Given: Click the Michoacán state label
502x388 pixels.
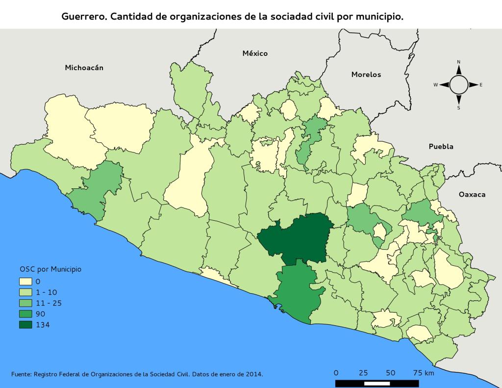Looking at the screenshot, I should [x=84, y=68].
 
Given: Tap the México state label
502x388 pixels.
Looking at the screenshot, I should [x=255, y=53].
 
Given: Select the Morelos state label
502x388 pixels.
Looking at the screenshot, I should [x=366, y=75].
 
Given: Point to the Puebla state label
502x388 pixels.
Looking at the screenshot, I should [x=441, y=146].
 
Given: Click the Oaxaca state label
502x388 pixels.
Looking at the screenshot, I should [x=472, y=194].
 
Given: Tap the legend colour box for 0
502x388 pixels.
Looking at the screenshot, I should [x=25, y=282].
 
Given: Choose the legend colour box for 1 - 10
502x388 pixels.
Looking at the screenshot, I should [x=25, y=292].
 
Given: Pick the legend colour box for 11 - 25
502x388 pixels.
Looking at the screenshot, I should [x=25, y=303].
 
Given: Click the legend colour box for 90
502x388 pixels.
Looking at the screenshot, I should [x=25, y=314].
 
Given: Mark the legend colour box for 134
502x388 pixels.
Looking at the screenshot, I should [x=25, y=325].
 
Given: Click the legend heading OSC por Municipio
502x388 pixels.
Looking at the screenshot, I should [x=50, y=269].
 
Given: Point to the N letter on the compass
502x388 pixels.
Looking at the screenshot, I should [x=458, y=62].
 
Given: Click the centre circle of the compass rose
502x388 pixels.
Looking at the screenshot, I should [x=458, y=85].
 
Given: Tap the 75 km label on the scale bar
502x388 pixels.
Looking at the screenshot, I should [x=423, y=373].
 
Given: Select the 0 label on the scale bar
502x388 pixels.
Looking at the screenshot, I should [x=336, y=373].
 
